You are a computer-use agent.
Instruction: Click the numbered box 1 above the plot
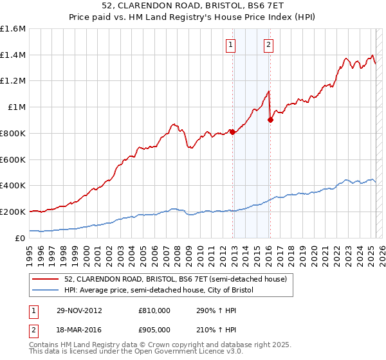tap(230, 45)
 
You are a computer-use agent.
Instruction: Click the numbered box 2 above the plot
tap(268, 45)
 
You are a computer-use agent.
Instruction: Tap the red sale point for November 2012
tap(232, 132)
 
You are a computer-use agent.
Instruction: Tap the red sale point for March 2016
tap(270, 120)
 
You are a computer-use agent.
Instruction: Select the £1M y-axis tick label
tap(17, 107)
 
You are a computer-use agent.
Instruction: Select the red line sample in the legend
tap(46, 278)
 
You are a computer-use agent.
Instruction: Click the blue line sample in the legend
tap(46, 290)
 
